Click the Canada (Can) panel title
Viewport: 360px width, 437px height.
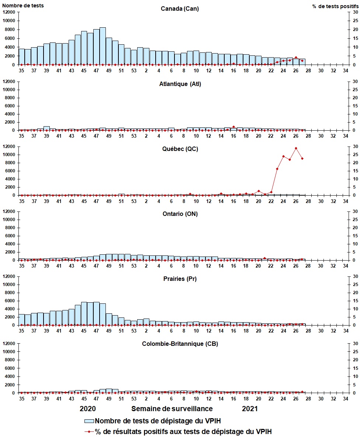point(180,9)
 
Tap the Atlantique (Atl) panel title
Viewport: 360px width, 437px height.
point(180,84)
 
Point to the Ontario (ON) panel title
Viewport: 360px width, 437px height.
point(180,214)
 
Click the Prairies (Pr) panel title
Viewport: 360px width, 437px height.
point(180,279)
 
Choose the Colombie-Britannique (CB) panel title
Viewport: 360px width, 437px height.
point(180,344)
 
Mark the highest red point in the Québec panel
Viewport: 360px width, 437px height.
point(296,148)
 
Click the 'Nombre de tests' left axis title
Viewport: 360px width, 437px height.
point(23,6)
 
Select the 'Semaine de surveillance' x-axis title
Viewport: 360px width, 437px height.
point(172,409)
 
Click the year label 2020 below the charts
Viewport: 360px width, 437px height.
point(88,409)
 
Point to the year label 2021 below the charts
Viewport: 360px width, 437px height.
point(250,409)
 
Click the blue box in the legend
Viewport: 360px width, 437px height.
point(89,421)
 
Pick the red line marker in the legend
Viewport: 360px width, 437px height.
point(89,431)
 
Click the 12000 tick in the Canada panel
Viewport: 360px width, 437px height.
point(8,12)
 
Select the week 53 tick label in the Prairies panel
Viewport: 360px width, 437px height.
point(134,331)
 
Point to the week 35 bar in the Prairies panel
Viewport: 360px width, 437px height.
point(21,320)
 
